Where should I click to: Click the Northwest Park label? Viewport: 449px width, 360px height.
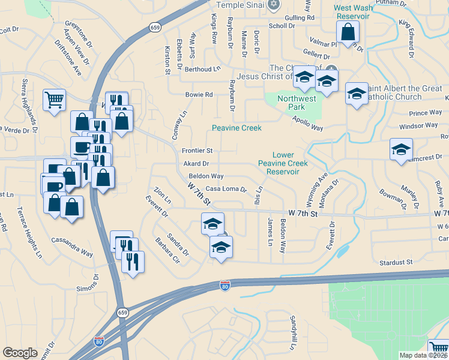pos(296,103)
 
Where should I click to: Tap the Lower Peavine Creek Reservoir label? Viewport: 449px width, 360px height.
pos(283,163)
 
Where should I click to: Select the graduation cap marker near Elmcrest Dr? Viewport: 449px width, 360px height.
pos(401,150)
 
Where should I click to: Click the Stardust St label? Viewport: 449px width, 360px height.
pos(396,262)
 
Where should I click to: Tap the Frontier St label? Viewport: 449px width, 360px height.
pos(197,150)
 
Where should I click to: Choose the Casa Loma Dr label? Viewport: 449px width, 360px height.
pos(226,188)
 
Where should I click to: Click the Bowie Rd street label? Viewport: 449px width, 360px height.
pos(199,95)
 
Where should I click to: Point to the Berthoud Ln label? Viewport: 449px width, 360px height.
pos(202,69)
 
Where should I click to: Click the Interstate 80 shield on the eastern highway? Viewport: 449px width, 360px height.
pos(224,286)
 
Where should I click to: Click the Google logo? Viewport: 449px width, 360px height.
pos(20,353)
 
